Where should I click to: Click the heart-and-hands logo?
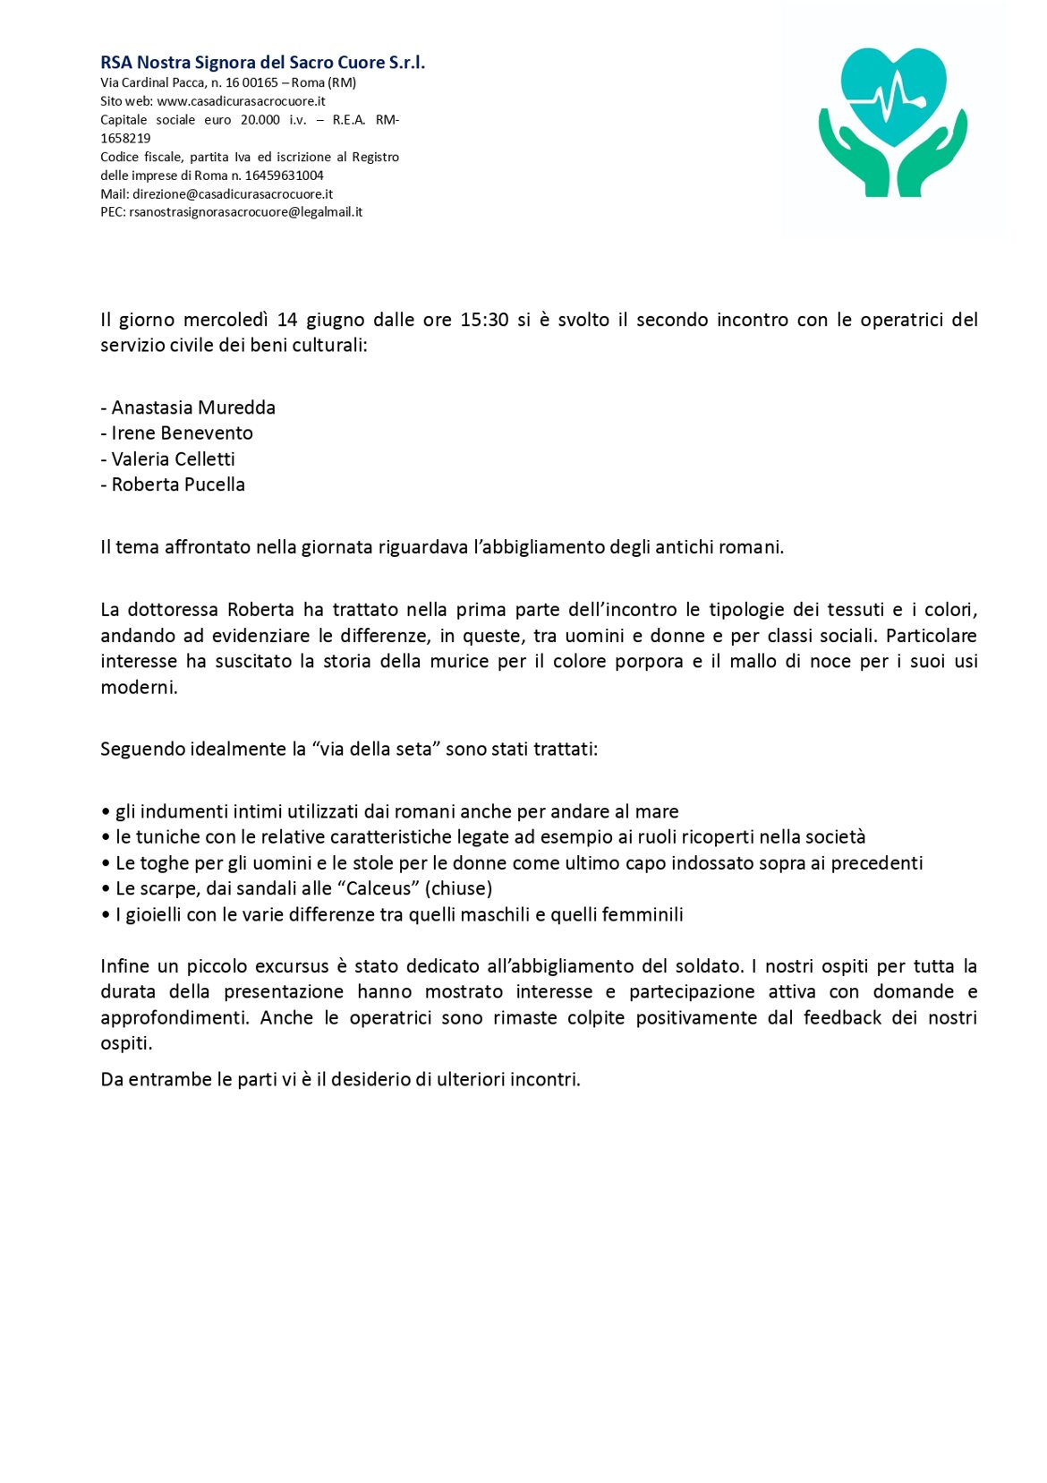(892, 122)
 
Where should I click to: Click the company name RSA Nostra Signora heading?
(262, 63)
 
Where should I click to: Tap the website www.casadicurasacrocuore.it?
(242, 101)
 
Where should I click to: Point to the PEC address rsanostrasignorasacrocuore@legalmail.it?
(246, 212)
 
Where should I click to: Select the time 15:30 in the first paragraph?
(484, 320)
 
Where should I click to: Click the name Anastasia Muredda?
(193, 407)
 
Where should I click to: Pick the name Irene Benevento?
(182, 433)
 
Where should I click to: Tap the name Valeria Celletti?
(173, 459)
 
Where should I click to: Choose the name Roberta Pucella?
(178, 484)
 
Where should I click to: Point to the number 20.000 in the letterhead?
(260, 120)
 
